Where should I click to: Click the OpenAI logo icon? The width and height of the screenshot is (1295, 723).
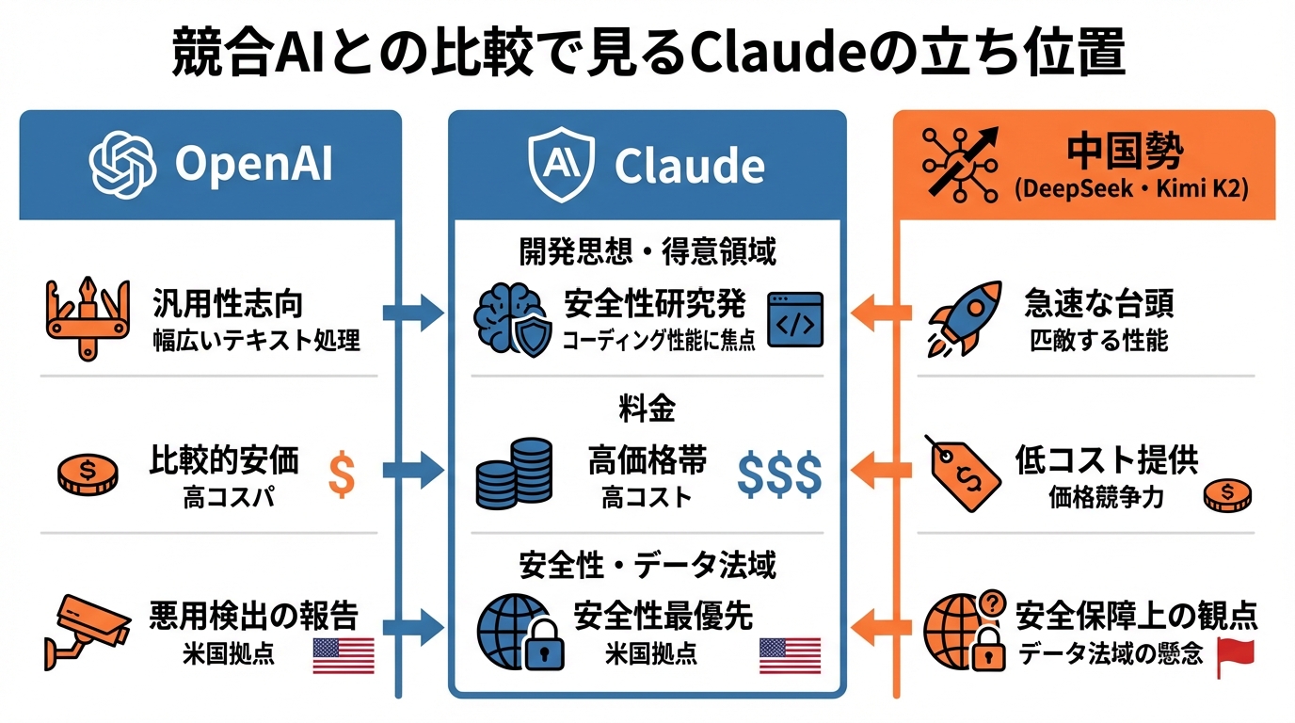click(x=122, y=164)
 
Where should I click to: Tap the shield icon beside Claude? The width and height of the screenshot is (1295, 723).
click(x=563, y=164)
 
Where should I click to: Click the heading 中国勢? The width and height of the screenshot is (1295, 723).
click(x=1126, y=150)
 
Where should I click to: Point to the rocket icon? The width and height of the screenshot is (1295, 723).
click(x=962, y=317)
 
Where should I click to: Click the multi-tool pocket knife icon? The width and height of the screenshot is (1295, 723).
click(x=86, y=317)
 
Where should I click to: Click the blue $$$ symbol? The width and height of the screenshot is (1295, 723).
click(x=779, y=474)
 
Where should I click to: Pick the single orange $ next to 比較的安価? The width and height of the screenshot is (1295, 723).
click(x=342, y=474)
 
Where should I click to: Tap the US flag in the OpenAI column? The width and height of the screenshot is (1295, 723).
click(x=343, y=655)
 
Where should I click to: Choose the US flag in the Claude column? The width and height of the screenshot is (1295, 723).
click(x=790, y=655)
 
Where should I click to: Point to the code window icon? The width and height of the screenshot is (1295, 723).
click(x=795, y=319)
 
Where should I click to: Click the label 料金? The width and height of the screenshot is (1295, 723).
click(x=647, y=409)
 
